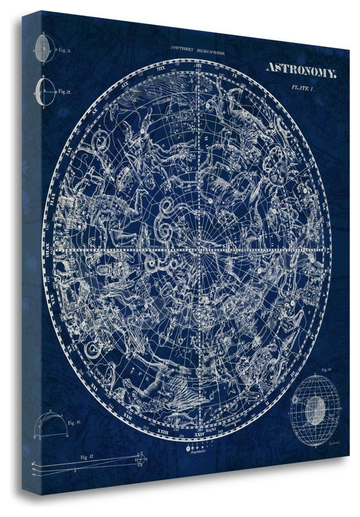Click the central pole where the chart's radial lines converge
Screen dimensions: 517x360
(200, 250)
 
